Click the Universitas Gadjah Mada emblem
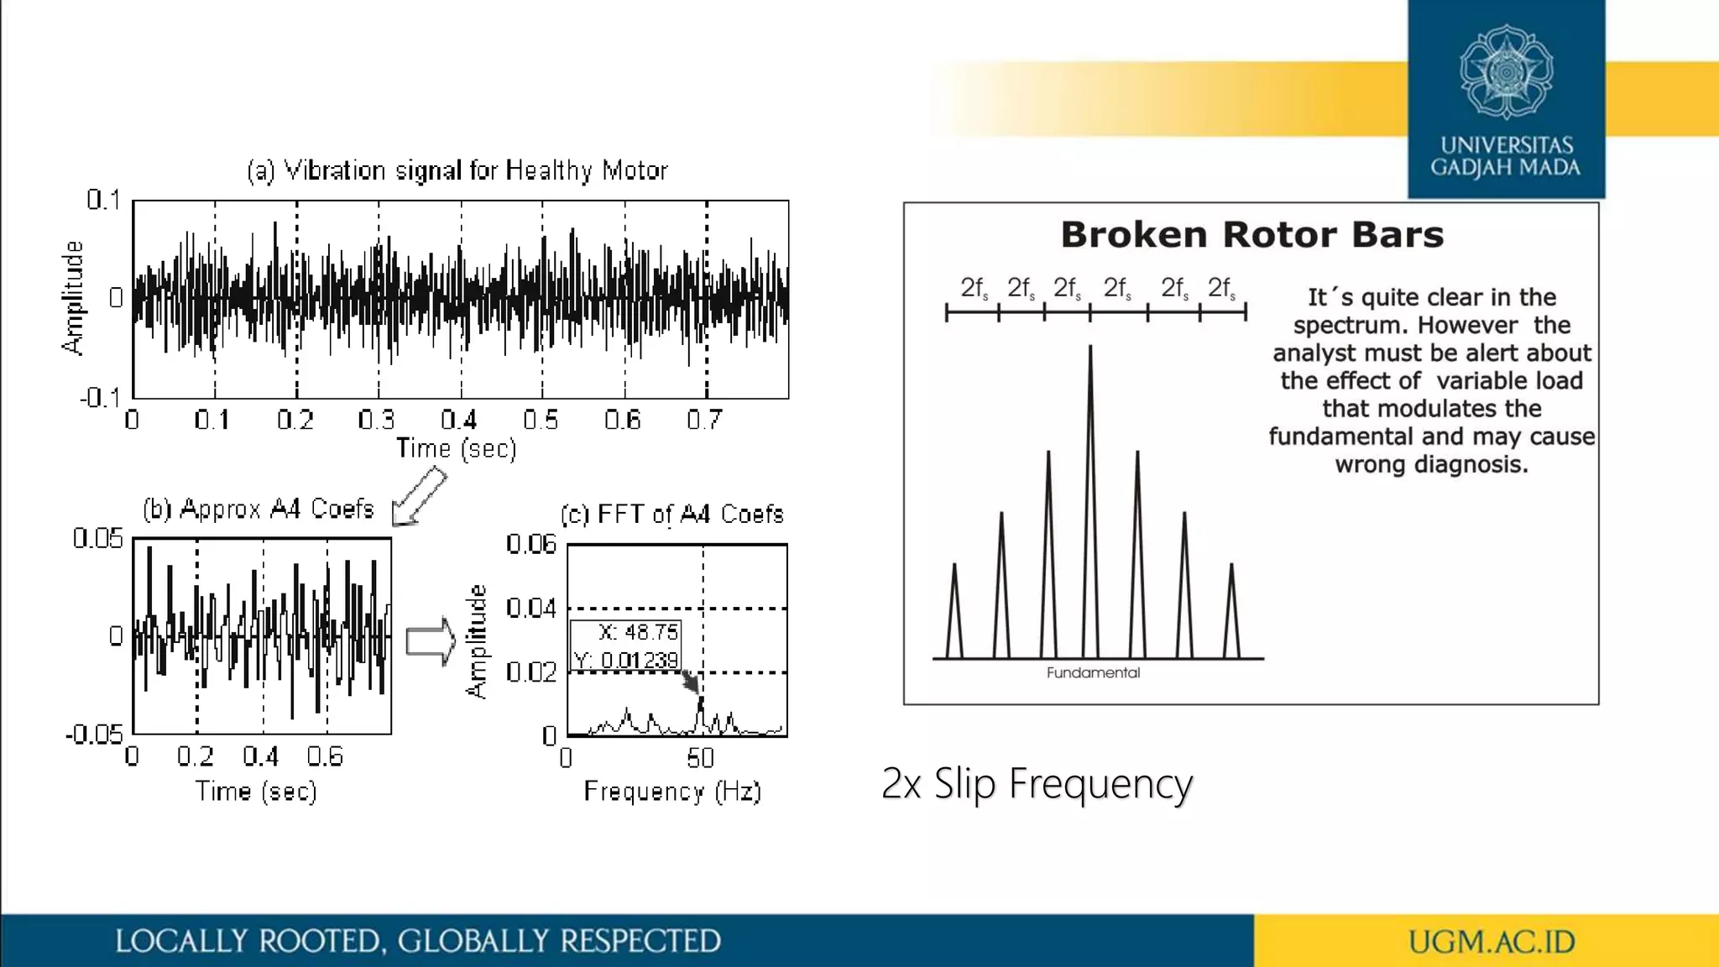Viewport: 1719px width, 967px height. pyautogui.click(x=1506, y=72)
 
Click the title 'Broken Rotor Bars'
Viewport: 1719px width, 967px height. pyautogui.click(x=1251, y=235)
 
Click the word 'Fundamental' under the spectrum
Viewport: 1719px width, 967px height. pyautogui.click(x=1093, y=673)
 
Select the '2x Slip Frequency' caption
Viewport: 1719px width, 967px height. pyautogui.click(x=1037, y=784)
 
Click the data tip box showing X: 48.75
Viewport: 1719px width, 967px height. pyautogui.click(x=626, y=646)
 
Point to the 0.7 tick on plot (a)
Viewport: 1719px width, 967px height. pyautogui.click(x=703, y=420)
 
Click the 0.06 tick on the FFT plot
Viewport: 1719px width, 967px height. pyautogui.click(x=531, y=545)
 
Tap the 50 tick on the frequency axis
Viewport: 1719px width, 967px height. pyautogui.click(x=700, y=759)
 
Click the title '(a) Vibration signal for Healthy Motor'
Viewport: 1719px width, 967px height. pyautogui.click(x=457, y=171)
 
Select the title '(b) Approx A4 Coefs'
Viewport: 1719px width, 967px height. pyautogui.click(x=259, y=509)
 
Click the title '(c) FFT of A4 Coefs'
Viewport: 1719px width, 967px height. pyautogui.click(x=671, y=515)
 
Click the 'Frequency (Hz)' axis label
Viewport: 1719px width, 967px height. pyautogui.click(x=671, y=792)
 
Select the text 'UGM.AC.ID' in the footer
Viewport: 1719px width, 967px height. pyautogui.click(x=1491, y=942)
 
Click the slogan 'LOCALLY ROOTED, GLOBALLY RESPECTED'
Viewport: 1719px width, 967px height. pyautogui.click(x=418, y=942)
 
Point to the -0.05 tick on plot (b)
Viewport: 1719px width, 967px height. pyautogui.click(x=94, y=735)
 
